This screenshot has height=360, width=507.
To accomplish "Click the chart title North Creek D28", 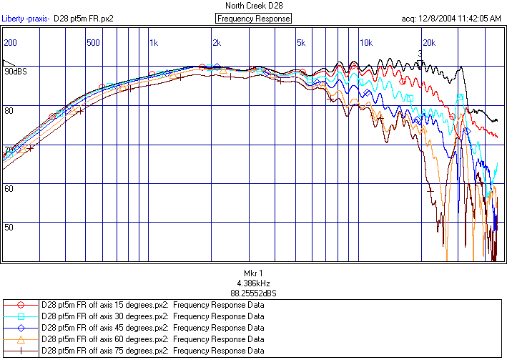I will click(253, 6).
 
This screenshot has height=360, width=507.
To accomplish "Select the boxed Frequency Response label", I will click(253, 19).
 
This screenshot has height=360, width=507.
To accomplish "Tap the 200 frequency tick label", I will click(10, 43).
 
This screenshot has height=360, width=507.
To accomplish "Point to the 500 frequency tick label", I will click(93, 43).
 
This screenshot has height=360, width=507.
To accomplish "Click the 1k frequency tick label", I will click(154, 43).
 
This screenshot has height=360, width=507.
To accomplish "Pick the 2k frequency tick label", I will click(217, 43).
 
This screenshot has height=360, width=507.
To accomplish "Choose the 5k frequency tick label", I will click(300, 43).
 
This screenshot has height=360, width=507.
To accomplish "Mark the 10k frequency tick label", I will click(365, 43).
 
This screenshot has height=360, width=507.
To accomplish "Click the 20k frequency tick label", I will click(428, 43).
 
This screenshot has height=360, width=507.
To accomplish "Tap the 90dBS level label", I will click(15, 72).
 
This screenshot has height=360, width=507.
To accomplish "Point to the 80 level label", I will click(9, 111).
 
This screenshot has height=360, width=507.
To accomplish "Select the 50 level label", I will click(9, 227).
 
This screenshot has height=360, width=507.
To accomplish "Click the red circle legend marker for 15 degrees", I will click(21, 305).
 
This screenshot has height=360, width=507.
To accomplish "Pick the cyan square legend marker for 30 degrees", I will click(21, 316).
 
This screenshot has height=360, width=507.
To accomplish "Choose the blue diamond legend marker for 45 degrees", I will click(21, 328).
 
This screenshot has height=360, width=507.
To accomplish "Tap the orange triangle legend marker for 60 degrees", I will click(21, 339).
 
